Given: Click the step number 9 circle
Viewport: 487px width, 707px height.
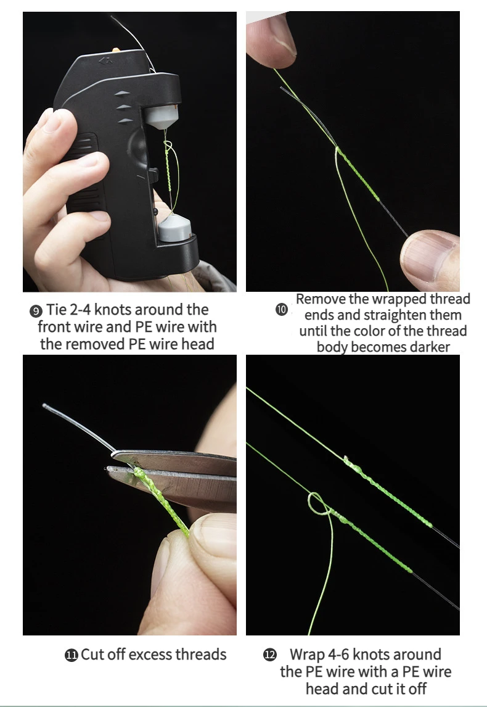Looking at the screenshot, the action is [36, 311].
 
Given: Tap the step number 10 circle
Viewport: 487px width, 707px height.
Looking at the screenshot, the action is [282, 310].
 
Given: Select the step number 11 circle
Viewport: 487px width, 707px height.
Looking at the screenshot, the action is [71, 655].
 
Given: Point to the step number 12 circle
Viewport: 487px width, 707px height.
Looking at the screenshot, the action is [270, 655].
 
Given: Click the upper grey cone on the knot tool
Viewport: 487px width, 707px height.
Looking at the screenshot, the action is [162, 117].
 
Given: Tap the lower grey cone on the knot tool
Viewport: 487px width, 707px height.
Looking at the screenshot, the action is [174, 228].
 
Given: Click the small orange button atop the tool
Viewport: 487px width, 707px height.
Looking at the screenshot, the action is [116, 50].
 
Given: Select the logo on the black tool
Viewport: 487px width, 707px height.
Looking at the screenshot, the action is [105, 61].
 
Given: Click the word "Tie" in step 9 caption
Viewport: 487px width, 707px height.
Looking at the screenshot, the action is [56, 310].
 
